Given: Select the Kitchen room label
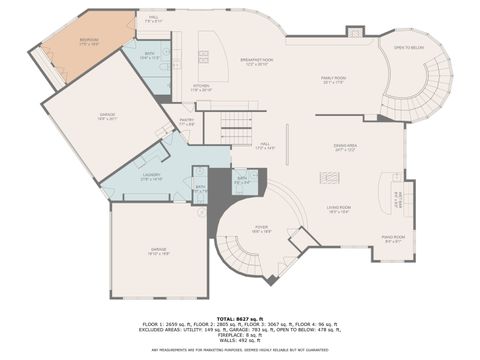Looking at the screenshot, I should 202,87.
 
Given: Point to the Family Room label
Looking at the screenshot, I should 334,80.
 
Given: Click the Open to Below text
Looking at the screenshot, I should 409,47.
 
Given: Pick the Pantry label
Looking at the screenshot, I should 187,120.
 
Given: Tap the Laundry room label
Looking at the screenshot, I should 151,177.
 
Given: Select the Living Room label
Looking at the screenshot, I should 338,208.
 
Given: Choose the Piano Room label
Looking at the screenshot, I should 393,239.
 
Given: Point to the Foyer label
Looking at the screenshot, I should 260,228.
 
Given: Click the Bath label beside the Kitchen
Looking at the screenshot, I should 149,56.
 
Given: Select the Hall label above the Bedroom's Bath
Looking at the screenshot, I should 154,18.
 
